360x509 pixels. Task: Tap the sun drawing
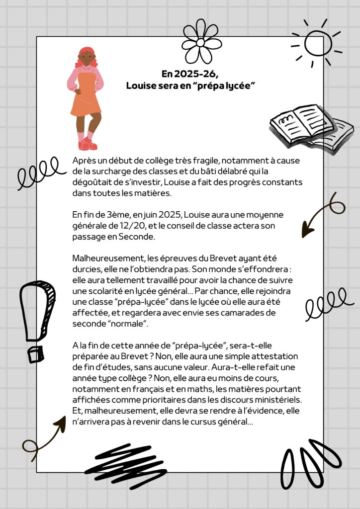point(317,43)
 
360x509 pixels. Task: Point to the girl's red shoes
point(87,144)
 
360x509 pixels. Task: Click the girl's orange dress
point(86,99)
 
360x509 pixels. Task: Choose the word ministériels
point(276,400)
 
